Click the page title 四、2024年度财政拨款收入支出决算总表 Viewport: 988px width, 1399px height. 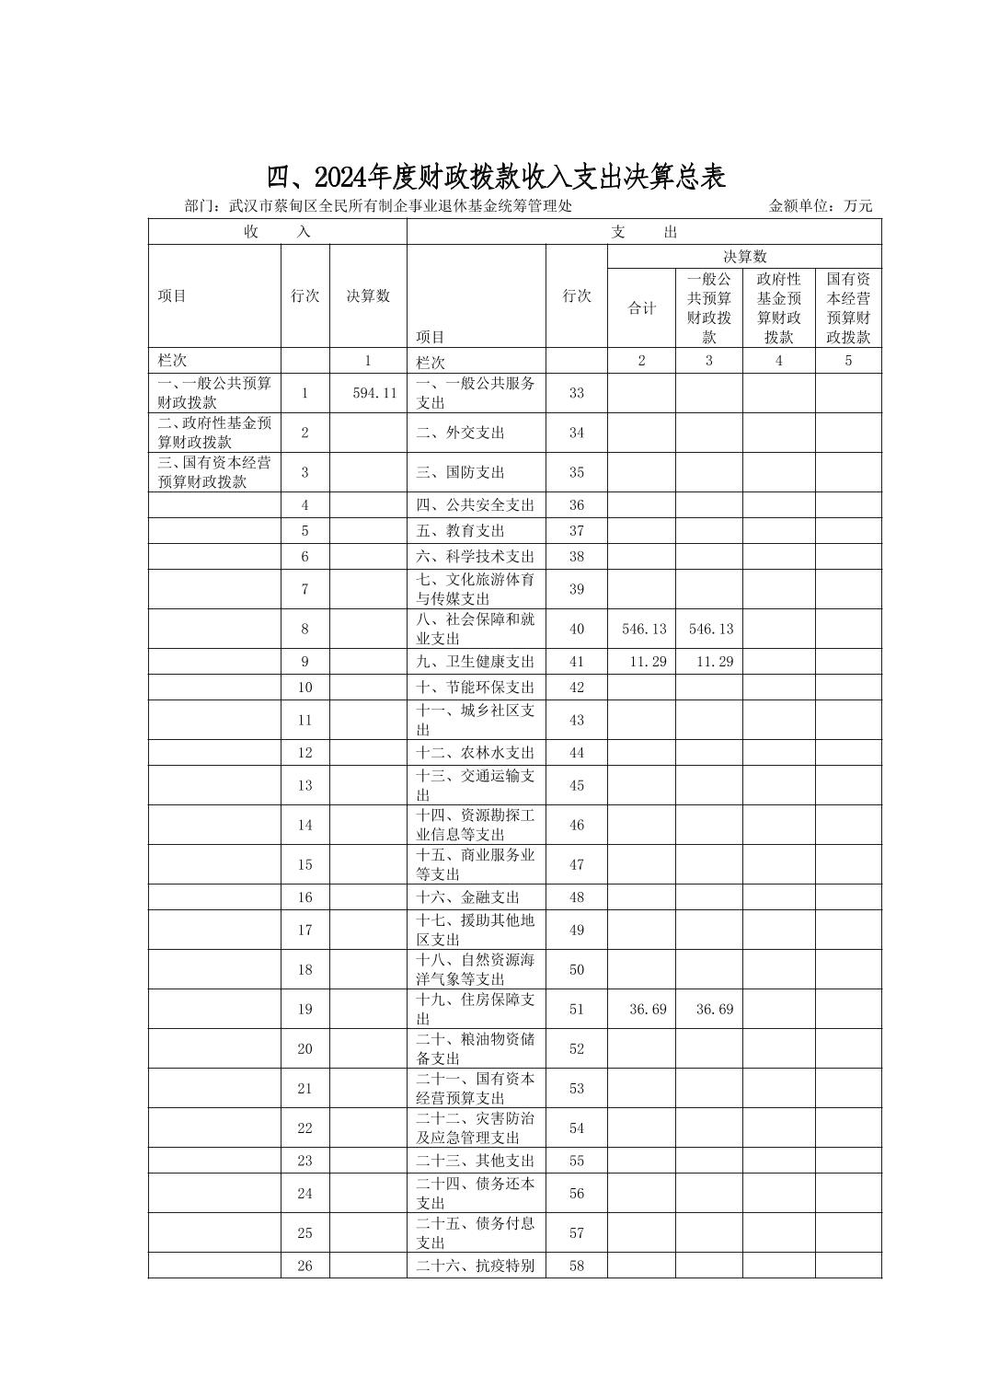coord(496,176)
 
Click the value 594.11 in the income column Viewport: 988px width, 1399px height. coord(374,393)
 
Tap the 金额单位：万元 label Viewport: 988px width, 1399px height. coord(820,206)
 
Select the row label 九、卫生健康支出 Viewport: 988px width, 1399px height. coord(475,662)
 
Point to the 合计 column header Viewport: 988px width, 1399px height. coord(641,308)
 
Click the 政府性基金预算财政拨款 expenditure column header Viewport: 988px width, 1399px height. coord(778,307)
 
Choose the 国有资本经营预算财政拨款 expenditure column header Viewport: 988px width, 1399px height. coord(848,307)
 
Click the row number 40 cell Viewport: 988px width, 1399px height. coord(577,629)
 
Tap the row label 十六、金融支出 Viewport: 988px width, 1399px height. coord(467,897)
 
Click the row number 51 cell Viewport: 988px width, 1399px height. coord(577,1009)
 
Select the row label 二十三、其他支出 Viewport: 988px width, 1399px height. coord(475,1161)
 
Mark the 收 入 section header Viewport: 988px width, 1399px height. coord(277,232)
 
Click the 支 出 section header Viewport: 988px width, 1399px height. coord(643,232)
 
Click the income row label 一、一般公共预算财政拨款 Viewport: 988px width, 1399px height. coord(214,393)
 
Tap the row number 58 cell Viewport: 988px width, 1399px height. coord(577,1266)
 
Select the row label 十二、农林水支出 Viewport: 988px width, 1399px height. coord(475,753)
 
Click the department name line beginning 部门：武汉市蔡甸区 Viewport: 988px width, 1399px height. coord(378,206)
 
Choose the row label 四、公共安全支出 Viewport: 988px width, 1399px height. coord(475,505)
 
